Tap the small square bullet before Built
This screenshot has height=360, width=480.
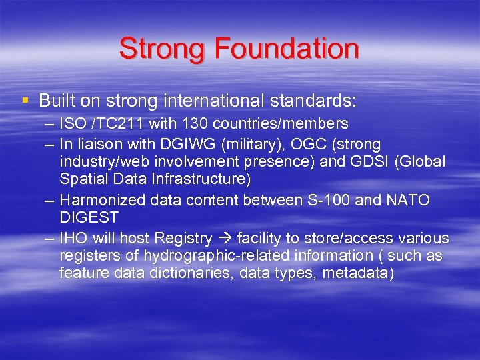tap(25, 101)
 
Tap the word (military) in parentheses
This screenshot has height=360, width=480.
tap(239, 144)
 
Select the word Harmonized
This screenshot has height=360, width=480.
tap(106, 200)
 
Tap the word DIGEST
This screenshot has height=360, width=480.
tap(89, 217)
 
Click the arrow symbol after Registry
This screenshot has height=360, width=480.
tap(225, 239)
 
